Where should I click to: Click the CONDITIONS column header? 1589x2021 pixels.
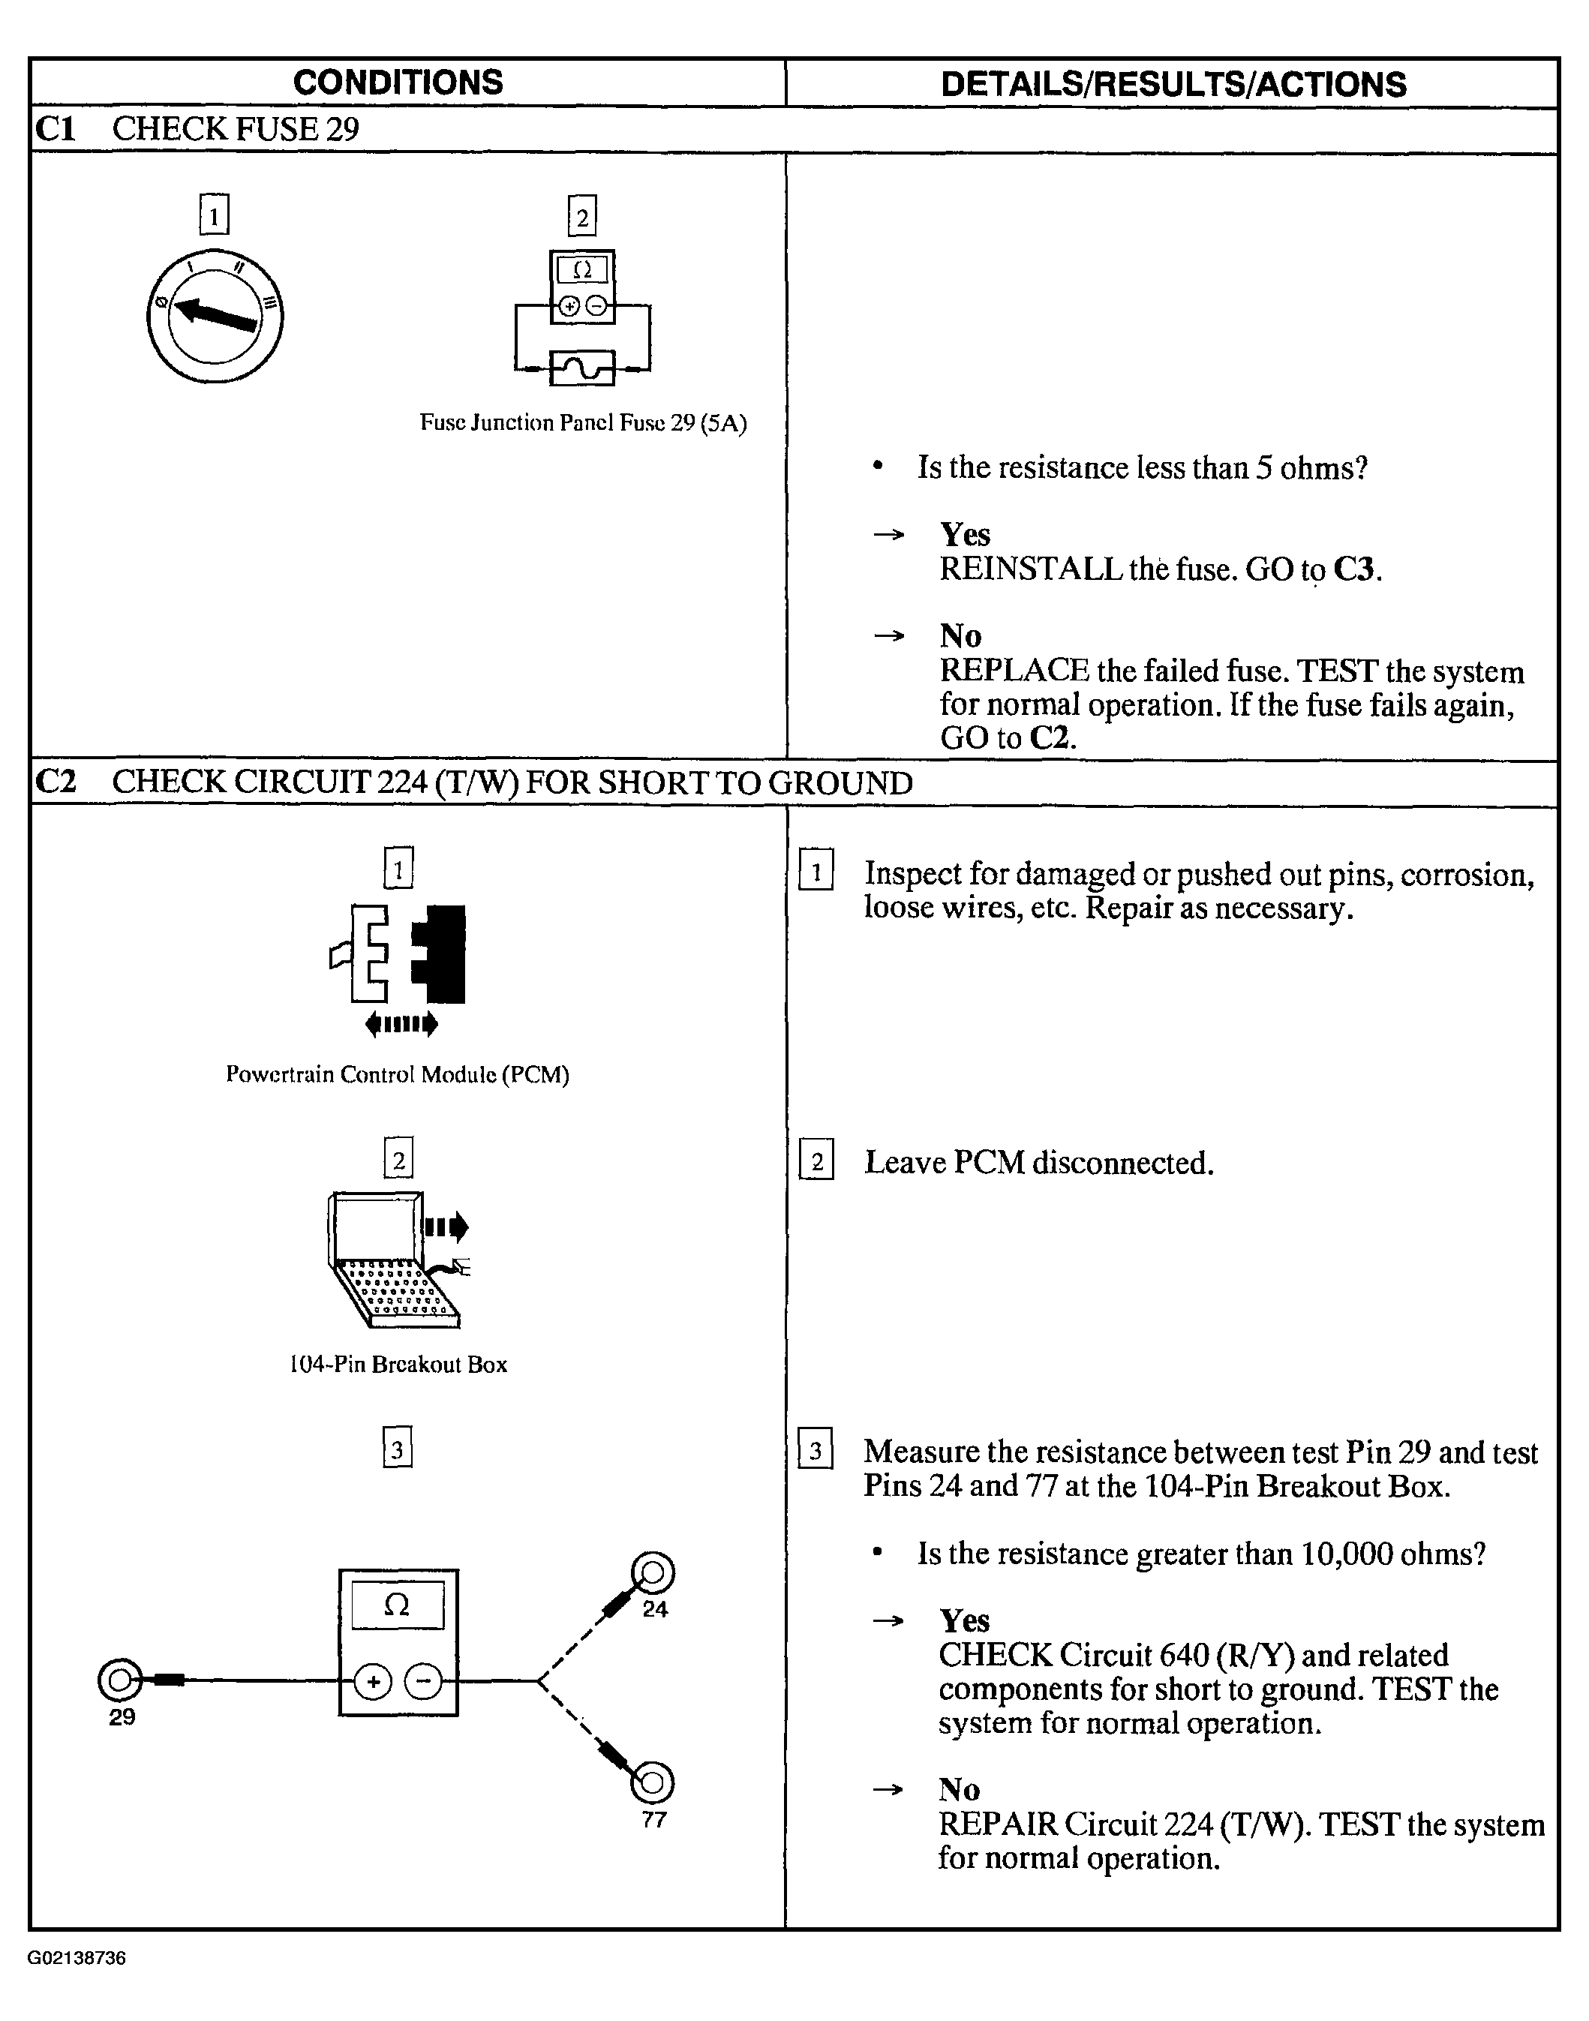(398, 83)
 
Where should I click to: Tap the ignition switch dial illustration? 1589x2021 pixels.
(215, 317)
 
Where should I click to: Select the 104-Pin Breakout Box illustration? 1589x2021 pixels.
(395, 1260)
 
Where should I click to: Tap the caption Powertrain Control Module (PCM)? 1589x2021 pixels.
(398, 1075)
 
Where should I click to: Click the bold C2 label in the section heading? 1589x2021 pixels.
(55, 782)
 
